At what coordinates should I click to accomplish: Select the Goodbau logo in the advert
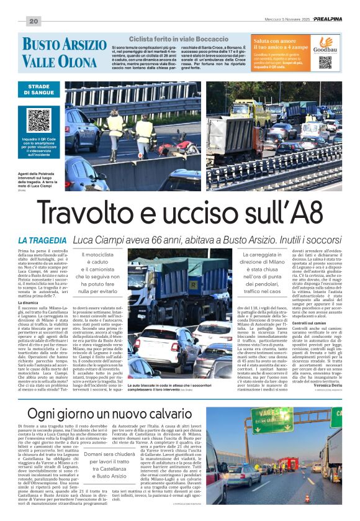(325, 45)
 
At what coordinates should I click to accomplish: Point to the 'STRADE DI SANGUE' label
(38, 88)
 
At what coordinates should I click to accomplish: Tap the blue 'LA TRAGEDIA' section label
(42, 240)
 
